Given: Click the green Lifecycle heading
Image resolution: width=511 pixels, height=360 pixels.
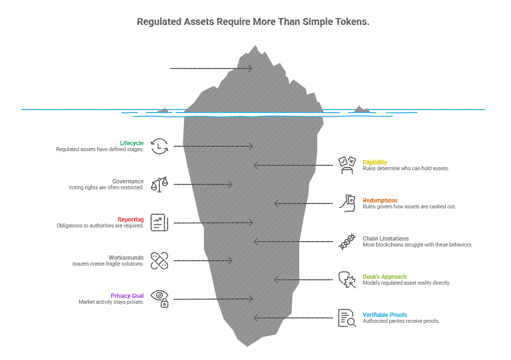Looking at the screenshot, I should click(132, 143).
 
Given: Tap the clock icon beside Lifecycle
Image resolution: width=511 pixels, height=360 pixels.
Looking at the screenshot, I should click(159, 146).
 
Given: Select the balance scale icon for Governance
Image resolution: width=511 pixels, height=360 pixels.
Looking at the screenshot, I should click(159, 184).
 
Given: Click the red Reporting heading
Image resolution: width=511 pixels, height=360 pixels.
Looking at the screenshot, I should click(131, 220).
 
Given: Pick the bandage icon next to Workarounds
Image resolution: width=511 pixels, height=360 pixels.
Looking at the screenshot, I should click(159, 261).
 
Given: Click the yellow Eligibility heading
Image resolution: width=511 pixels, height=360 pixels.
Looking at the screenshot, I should click(375, 162).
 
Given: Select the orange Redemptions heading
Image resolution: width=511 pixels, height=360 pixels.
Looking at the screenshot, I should click(380, 201).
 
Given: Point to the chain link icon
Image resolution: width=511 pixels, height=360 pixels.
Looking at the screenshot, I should click(347, 242).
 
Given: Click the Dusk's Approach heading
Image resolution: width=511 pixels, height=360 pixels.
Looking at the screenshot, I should click(384, 277).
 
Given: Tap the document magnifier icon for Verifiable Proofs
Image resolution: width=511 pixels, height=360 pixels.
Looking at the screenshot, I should click(347, 318).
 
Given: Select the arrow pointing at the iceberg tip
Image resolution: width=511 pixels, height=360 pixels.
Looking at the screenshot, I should click(211, 68).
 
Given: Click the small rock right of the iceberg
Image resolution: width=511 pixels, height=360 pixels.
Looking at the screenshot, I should click(362, 109).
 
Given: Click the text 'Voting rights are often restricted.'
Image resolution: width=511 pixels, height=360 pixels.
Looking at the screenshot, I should click(106, 188).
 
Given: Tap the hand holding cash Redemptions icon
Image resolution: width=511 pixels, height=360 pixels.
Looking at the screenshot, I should click(347, 203).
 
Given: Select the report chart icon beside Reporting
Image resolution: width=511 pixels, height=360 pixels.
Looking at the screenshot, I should click(159, 223).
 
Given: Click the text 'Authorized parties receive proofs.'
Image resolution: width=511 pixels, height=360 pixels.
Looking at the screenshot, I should click(401, 321).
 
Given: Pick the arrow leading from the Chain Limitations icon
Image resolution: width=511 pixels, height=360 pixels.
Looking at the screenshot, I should click(293, 242).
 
